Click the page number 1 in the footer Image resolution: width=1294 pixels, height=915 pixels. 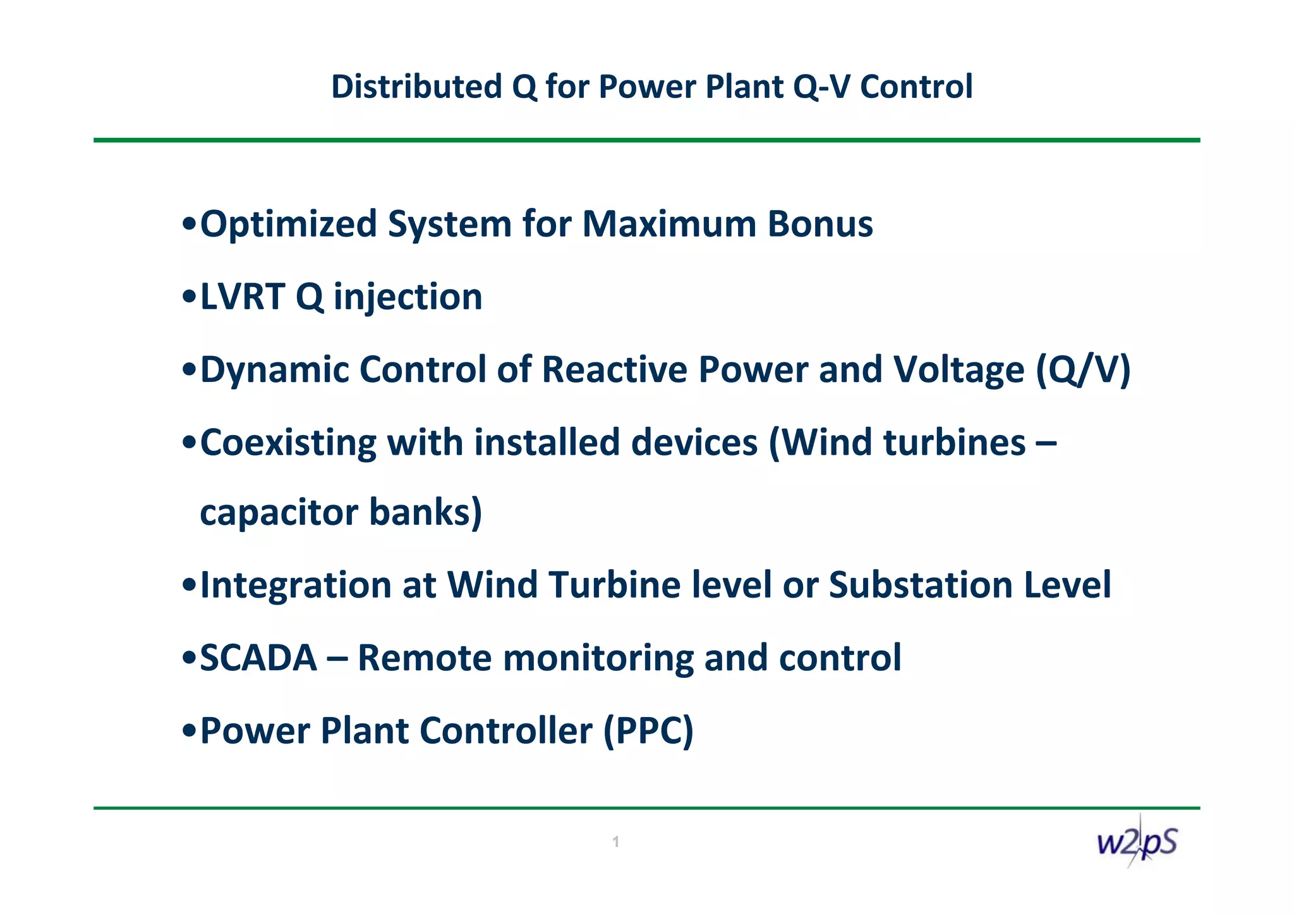[615, 842]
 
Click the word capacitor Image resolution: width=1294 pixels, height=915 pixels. [279, 512]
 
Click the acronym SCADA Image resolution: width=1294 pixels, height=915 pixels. [258, 658]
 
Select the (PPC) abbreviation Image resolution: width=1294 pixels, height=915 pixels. [648, 731]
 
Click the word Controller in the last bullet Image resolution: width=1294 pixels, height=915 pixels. [505, 731]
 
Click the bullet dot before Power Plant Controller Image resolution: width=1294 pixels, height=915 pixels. [188, 732]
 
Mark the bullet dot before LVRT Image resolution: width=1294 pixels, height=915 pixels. [188, 298]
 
